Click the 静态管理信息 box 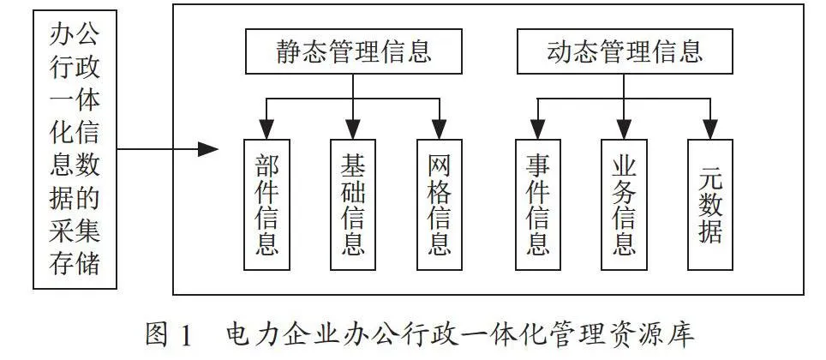354,51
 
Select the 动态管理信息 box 625,51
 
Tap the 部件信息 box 266,205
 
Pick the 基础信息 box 353,205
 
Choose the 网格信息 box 440,205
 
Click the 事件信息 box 538,205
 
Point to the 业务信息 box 625,205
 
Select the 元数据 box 710,205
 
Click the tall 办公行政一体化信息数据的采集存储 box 75,150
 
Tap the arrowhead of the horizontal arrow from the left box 208,149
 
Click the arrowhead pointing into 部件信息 266,129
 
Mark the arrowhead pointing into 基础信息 353,129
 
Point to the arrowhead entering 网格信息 440,129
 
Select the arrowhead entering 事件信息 538,129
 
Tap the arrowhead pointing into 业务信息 625,129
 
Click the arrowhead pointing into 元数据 710,129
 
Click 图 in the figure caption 158,334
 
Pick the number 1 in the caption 185,335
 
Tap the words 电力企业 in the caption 285,334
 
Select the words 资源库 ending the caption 655,334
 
